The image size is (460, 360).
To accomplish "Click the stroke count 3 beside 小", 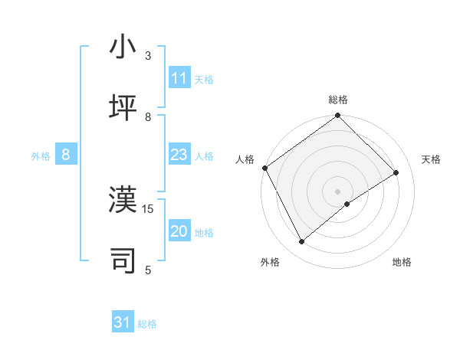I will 148,56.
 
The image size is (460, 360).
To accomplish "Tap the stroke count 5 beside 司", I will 148,270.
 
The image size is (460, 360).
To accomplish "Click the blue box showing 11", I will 179,78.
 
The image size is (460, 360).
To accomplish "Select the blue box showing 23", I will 179,155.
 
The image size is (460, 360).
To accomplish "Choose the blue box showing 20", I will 179,231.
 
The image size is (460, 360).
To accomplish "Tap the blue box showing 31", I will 123,322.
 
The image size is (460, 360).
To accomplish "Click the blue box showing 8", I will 66,155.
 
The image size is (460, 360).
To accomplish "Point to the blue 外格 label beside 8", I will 41,156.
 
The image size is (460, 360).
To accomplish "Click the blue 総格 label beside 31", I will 147,324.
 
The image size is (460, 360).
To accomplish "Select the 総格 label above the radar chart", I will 338,100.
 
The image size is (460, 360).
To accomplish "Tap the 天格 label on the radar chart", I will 431,159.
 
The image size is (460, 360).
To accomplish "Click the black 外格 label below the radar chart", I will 270,262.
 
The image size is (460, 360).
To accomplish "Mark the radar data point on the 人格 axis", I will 264,168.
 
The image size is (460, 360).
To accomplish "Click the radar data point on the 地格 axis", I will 347,204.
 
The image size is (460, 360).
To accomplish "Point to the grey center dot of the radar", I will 338,191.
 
